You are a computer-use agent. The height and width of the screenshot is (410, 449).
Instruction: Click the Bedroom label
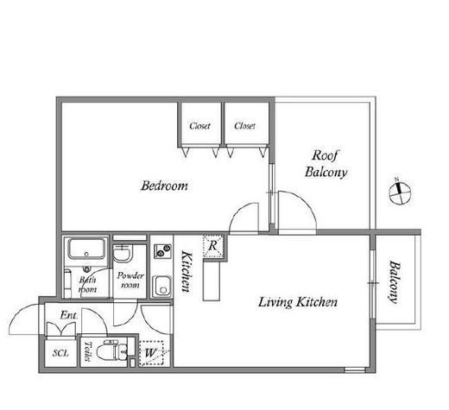164,186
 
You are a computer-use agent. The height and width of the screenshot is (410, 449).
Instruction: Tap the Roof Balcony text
326,164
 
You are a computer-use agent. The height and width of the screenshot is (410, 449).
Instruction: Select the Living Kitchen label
298,302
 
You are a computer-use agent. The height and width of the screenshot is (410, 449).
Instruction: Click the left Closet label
199,126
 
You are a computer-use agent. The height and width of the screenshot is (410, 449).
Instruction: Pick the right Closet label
244,126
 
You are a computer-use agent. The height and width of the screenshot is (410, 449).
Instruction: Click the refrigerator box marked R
213,246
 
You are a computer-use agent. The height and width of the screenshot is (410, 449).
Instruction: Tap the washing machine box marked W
151,353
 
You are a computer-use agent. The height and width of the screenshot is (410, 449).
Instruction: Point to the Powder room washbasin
123,254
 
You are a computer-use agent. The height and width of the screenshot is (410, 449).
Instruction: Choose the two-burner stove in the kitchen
162,251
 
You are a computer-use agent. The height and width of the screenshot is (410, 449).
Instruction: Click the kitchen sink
161,286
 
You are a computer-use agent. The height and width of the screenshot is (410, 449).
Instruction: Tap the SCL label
60,353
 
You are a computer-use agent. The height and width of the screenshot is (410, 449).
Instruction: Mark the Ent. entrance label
69,315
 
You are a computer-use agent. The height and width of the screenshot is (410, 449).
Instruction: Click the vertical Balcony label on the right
395,282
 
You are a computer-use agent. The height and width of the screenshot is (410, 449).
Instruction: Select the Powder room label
130,281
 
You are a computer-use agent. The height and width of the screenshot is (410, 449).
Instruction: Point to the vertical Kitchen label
187,272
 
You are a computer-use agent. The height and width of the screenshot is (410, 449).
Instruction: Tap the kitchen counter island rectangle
212,281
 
